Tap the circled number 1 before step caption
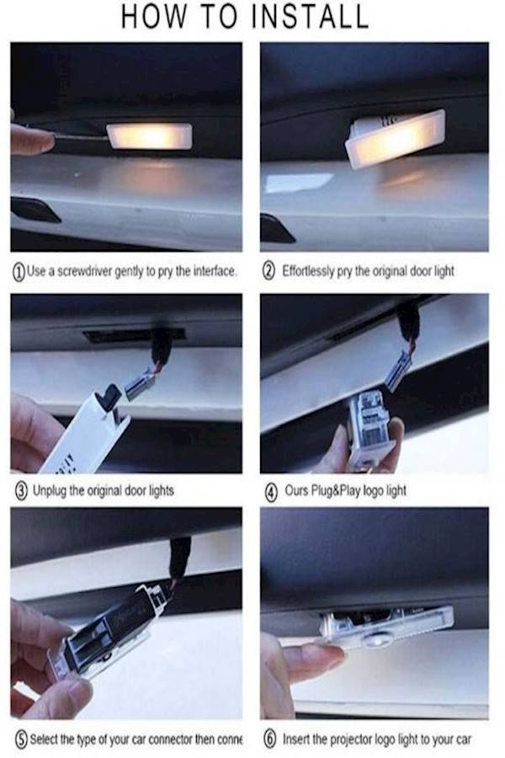18,272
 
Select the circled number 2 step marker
268,272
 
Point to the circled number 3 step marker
18,489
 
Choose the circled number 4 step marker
268,489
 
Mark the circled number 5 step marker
18,739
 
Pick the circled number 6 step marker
268,739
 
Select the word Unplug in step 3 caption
48,489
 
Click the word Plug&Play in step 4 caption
339,489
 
